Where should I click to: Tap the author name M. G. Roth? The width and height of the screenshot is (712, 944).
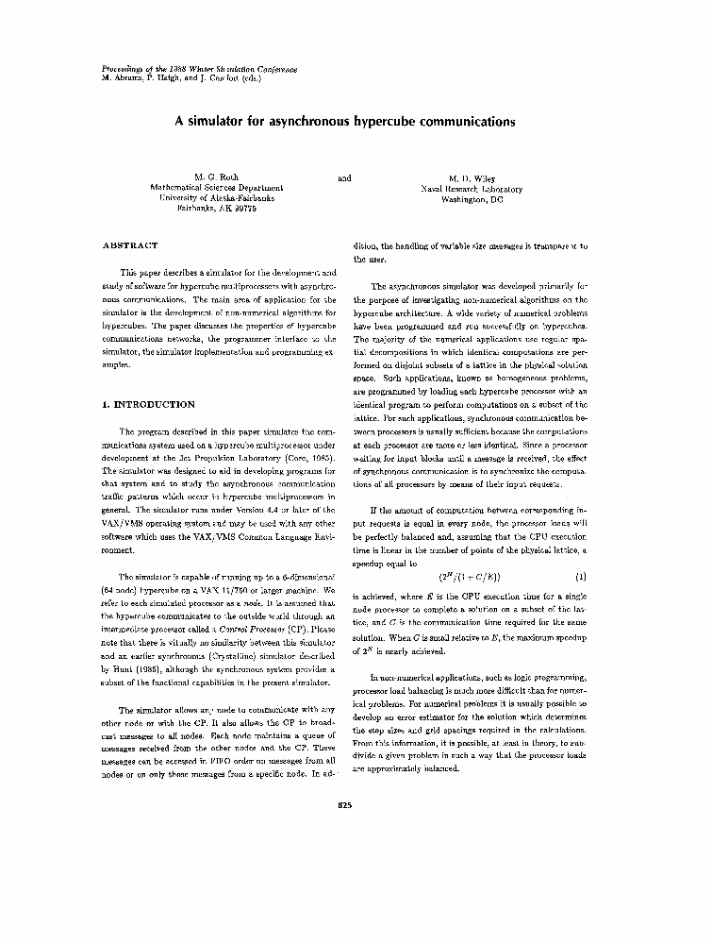(x=217, y=177)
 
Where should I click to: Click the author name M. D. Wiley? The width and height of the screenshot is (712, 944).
(x=472, y=178)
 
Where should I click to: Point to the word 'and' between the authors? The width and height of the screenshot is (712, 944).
(x=344, y=177)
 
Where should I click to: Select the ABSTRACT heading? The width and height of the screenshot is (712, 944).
(x=130, y=245)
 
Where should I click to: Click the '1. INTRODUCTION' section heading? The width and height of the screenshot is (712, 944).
(x=148, y=404)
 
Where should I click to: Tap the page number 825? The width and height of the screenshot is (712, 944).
(x=344, y=803)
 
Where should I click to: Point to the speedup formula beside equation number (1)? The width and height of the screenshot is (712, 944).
(x=470, y=576)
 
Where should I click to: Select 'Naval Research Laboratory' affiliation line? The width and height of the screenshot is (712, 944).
(x=472, y=189)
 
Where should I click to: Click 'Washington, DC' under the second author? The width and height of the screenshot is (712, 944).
(x=472, y=199)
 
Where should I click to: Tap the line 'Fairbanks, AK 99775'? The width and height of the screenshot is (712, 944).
(x=217, y=210)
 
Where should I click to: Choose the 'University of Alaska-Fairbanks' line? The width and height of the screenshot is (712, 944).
(x=217, y=199)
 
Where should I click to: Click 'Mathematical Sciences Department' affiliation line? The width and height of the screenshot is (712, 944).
(x=217, y=189)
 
